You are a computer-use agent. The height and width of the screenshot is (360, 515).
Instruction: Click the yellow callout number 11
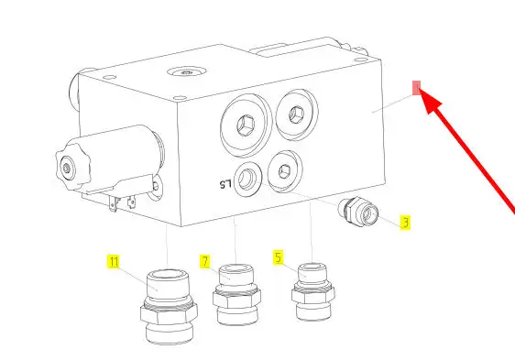click(x=114, y=261)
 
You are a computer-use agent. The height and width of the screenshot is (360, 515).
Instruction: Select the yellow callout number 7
click(x=205, y=261)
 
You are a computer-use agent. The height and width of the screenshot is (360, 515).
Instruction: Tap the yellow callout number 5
click(x=279, y=257)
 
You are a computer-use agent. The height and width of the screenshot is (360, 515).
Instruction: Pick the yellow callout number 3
click(x=405, y=223)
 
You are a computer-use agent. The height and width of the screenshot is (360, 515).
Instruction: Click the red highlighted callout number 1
click(x=416, y=88)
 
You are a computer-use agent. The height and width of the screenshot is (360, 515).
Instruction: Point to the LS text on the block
click(x=225, y=184)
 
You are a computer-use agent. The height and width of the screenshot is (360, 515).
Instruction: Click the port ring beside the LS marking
click(x=248, y=180)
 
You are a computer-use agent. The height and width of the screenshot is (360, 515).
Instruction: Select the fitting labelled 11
click(x=169, y=306)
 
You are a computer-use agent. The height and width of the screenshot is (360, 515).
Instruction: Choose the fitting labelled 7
click(x=236, y=294)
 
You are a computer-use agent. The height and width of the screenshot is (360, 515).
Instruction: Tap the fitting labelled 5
click(x=313, y=291)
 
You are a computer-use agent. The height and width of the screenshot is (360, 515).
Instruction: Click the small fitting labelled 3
click(x=358, y=212)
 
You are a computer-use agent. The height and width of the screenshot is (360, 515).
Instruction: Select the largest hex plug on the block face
click(x=247, y=125)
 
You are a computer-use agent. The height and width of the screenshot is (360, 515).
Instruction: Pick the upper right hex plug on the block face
click(x=297, y=115)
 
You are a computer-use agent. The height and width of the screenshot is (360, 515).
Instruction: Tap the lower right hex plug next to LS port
click(x=285, y=171)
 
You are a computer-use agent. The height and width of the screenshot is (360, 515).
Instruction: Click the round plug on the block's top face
click(x=187, y=71)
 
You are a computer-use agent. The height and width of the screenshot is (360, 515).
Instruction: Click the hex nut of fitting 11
click(x=169, y=313)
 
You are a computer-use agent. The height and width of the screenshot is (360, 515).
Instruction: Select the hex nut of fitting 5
click(x=313, y=295)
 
